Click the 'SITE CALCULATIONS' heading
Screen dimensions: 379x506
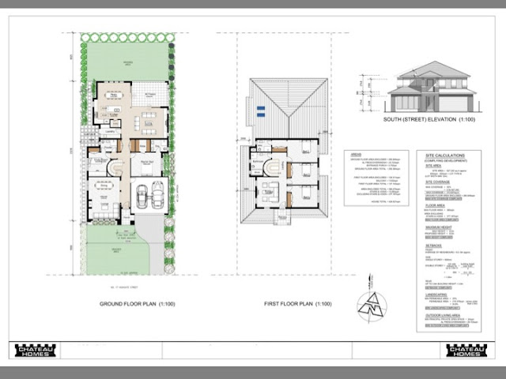coord(445,156)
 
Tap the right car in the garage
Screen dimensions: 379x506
coord(157,193)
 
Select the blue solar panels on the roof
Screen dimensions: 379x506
coord(261,112)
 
